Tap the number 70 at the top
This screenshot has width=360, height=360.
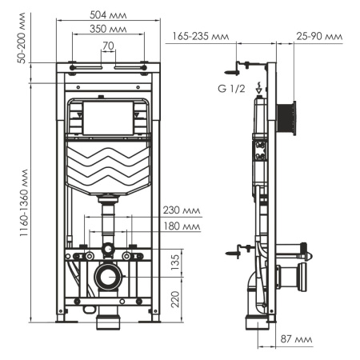108,46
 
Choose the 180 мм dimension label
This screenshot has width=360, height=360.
179,227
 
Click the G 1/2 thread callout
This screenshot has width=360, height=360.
230,86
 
